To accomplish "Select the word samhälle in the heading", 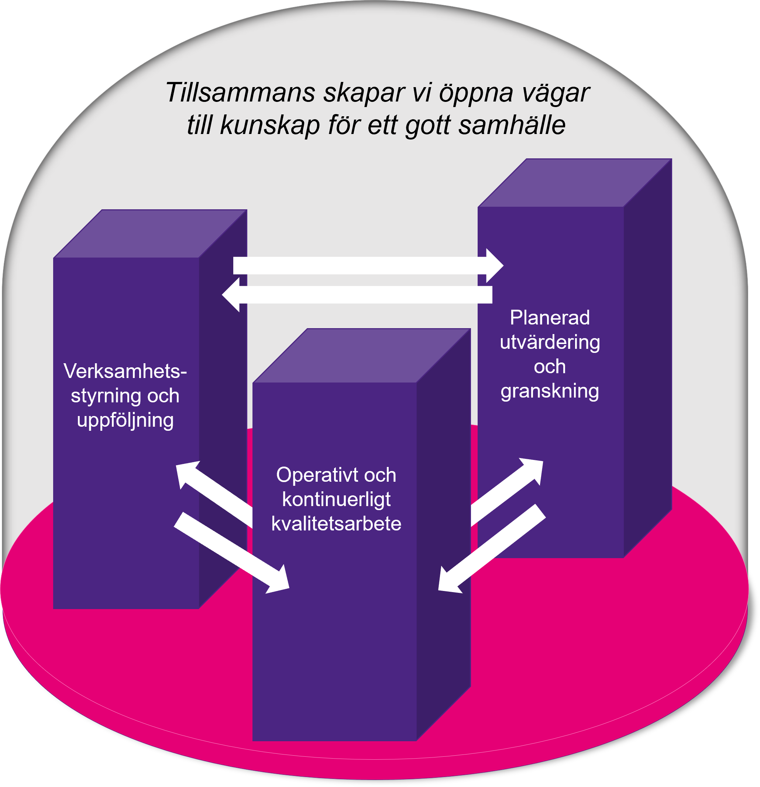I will [512, 125].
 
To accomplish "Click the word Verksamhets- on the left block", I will [125, 371].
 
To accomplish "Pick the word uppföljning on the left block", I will [125, 420].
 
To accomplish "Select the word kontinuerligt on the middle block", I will [336, 499].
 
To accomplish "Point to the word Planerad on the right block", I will [550, 317].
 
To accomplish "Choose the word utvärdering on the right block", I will [550, 343].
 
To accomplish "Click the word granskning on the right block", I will [550, 391].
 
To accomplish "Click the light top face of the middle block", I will [361, 355].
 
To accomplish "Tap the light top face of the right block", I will [574, 183].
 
